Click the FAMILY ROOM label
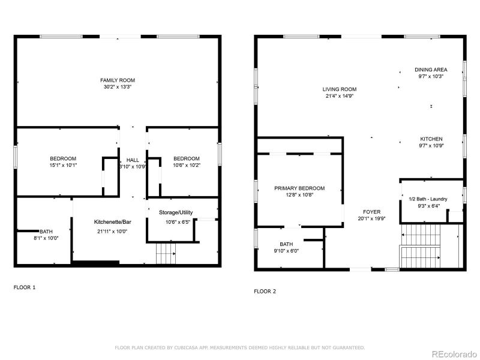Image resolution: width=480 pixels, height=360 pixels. click(118, 80)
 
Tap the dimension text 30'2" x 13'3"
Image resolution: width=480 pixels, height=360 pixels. click(118, 87)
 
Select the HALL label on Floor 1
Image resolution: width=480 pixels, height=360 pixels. click(133, 160)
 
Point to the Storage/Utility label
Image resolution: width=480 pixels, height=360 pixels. click(176, 213)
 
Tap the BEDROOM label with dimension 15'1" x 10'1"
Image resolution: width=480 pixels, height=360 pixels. click(63, 158)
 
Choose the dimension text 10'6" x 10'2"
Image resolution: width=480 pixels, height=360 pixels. click(186, 166)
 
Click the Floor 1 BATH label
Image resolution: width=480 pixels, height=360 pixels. click(46, 232)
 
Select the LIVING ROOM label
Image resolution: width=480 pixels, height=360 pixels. click(340, 89)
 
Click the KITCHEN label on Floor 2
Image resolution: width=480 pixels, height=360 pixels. click(431, 139)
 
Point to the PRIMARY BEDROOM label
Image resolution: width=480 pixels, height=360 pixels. click(299, 188)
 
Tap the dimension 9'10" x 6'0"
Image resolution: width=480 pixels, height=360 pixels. click(286, 251)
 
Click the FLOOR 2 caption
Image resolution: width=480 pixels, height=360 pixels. click(265, 292)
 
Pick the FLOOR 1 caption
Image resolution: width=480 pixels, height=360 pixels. click(25, 287)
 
